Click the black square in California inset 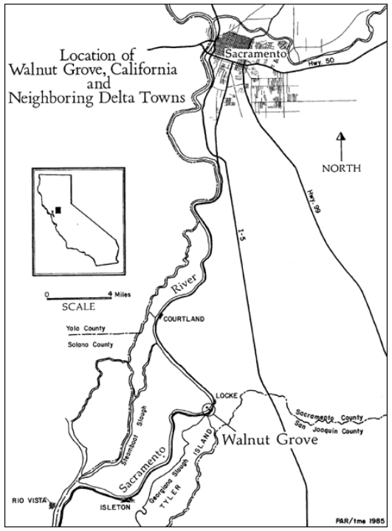pyautogui.click(x=59, y=209)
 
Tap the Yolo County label pyautogui.click(x=82, y=328)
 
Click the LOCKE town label pyautogui.click(x=225, y=396)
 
